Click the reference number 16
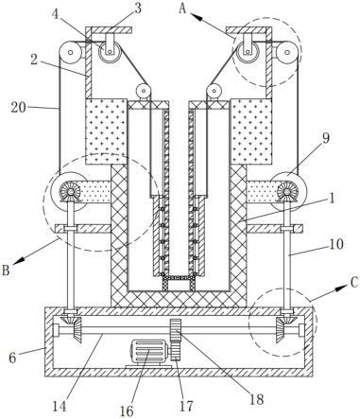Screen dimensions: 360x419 [x=127, y=410]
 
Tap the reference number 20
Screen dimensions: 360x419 [x=18, y=108]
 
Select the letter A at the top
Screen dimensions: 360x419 [x=182, y=9]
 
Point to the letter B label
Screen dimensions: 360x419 [x=6, y=271]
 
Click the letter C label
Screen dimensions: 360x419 [x=354, y=283]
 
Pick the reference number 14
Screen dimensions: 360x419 [x=60, y=407]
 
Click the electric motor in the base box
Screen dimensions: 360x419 [x=149, y=353]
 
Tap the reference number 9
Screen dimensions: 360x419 [x=326, y=138]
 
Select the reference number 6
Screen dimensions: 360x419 [x=12, y=358]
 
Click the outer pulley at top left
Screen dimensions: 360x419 [x=71, y=52]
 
